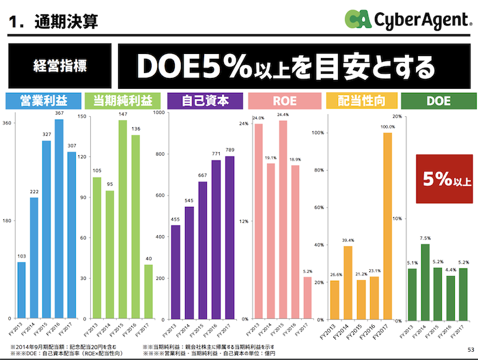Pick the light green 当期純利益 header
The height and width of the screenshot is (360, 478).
pos(123,100)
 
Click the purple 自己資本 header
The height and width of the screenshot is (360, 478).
pos(204,100)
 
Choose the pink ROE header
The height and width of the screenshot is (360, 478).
pos(283,100)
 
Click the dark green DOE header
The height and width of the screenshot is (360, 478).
pos(438,100)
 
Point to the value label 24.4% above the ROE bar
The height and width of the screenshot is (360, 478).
pos(283,115)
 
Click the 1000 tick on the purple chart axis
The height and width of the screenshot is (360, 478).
pos(159,113)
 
